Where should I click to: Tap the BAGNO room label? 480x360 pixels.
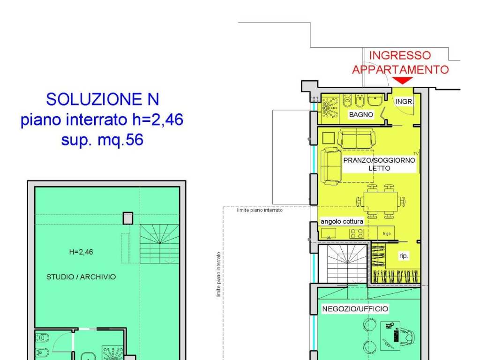pyautogui.click(x=361, y=114)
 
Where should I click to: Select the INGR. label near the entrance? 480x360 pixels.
pyautogui.click(x=404, y=101)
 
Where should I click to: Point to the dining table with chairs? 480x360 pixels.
pyautogui.click(x=380, y=201)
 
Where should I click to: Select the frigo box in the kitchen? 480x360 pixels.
pyautogui.click(x=386, y=232)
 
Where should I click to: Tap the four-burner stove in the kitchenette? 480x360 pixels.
pyautogui.click(x=357, y=233)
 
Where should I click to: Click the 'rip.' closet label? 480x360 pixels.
pyautogui.click(x=403, y=256)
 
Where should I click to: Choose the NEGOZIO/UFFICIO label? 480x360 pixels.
pyautogui.click(x=355, y=309)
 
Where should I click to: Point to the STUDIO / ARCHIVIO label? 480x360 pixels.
pyautogui.click(x=81, y=277)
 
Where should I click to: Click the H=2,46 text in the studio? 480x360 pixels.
pyautogui.click(x=81, y=252)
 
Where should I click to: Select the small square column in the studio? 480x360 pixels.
pyautogui.click(x=127, y=218)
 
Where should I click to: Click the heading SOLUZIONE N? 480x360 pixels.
pyautogui.click(x=103, y=99)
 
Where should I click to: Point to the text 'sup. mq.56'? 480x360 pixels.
pyautogui.click(x=102, y=141)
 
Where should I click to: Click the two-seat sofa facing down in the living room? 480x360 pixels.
pyautogui.click(x=356, y=139)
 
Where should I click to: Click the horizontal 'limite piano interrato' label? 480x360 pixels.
pyautogui.click(x=260, y=211)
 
